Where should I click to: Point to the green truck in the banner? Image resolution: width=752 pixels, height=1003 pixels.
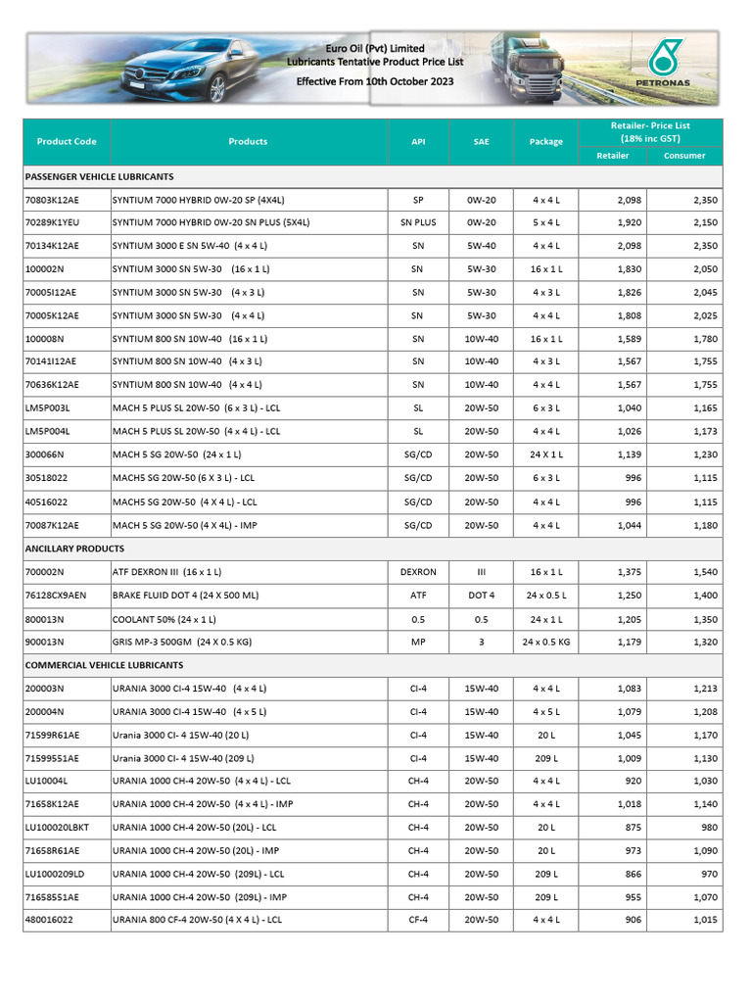pyautogui.click(x=530, y=64)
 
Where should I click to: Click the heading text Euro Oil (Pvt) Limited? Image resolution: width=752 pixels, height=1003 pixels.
pyautogui.click(x=375, y=48)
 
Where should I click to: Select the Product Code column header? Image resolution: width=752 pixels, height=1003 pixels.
pyautogui.click(x=67, y=141)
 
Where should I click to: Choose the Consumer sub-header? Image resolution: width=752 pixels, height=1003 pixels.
pyautogui.click(x=684, y=156)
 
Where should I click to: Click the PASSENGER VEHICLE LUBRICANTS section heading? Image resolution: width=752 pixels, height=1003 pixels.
pyautogui.click(x=100, y=176)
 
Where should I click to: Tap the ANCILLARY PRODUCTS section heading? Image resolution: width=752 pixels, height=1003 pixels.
pyautogui.click(x=75, y=549)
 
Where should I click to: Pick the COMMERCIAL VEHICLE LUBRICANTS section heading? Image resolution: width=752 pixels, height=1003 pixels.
pyautogui.click(x=105, y=665)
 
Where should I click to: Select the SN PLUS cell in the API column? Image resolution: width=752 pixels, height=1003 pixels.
pyautogui.click(x=418, y=222)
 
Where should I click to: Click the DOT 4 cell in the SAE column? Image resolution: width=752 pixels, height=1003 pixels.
pyautogui.click(x=482, y=596)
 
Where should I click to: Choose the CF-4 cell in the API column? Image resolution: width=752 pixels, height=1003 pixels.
pyautogui.click(x=418, y=921)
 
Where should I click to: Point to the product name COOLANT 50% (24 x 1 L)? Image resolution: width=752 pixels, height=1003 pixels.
pyautogui.click(x=164, y=619)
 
